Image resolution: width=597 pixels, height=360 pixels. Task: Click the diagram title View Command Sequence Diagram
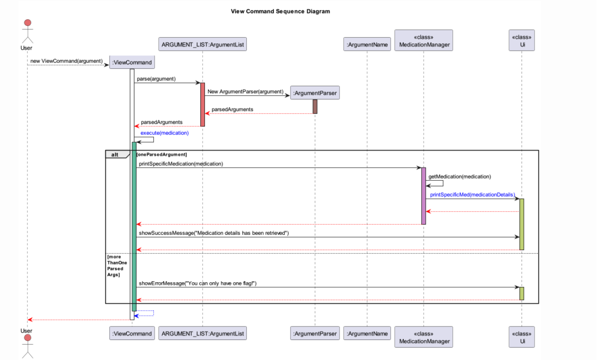(x=280, y=11)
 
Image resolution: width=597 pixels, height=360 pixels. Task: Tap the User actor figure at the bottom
(x=27, y=345)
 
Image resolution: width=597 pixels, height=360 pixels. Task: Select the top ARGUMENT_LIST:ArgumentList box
(x=202, y=45)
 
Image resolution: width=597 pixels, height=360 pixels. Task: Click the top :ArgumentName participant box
(x=367, y=45)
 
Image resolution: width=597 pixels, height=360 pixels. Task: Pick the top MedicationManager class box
(x=423, y=41)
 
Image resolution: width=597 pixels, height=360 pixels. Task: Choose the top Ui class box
(x=522, y=41)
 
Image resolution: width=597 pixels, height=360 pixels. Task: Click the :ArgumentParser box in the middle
(x=314, y=93)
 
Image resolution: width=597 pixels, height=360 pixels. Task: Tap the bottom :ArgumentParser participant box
(x=314, y=333)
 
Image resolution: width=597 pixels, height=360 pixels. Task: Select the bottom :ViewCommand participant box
(x=132, y=333)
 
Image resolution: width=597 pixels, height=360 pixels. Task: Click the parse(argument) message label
(x=156, y=79)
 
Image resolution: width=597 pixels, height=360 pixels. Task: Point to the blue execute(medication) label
(x=164, y=133)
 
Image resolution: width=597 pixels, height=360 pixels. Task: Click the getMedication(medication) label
(x=459, y=177)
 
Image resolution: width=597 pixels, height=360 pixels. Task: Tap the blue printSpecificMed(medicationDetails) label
(x=472, y=194)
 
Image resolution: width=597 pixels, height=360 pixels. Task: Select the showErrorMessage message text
(x=197, y=283)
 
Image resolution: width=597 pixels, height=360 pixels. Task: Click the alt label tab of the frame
(x=115, y=154)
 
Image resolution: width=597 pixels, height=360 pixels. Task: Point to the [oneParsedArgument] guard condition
(x=162, y=154)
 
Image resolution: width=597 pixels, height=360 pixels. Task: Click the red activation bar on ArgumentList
(x=203, y=104)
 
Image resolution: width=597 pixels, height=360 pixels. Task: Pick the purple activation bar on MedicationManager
(x=424, y=196)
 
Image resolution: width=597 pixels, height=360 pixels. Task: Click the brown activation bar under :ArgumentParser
(x=315, y=107)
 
